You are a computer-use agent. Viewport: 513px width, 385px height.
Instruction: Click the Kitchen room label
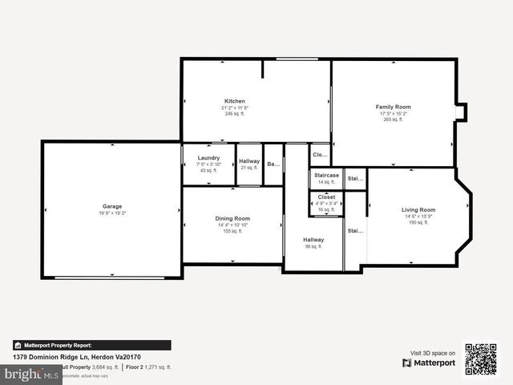[235, 101]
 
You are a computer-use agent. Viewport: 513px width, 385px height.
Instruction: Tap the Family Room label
[393, 107]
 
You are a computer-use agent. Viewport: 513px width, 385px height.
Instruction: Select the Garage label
[112, 206]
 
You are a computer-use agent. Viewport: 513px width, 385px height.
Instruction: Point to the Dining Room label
[232, 218]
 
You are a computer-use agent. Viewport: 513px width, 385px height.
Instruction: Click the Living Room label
[418, 210]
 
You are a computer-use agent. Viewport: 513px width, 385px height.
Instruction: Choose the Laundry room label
[208, 158]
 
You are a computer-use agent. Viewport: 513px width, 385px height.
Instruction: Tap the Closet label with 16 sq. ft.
[326, 197]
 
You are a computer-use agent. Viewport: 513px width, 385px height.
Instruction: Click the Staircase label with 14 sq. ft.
[326, 175]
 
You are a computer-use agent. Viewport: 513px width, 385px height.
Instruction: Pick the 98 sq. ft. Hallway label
[313, 240]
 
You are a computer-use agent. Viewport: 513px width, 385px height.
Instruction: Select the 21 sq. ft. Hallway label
[249, 161]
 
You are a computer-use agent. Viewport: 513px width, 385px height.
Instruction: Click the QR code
[481, 359]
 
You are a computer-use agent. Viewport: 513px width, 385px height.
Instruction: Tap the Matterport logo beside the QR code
[429, 363]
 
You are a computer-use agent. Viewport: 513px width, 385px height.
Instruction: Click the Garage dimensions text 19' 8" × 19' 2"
[112, 213]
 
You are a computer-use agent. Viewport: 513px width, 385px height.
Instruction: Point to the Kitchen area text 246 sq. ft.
[235, 114]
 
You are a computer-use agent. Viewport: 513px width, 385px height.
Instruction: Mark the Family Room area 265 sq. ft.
[393, 120]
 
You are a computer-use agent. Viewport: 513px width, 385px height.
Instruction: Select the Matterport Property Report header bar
[91, 345]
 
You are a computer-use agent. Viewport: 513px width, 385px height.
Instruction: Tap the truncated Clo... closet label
[320, 154]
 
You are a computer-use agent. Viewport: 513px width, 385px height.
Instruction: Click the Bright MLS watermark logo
[30, 375]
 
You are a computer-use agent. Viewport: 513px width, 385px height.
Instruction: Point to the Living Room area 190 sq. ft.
[418, 223]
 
